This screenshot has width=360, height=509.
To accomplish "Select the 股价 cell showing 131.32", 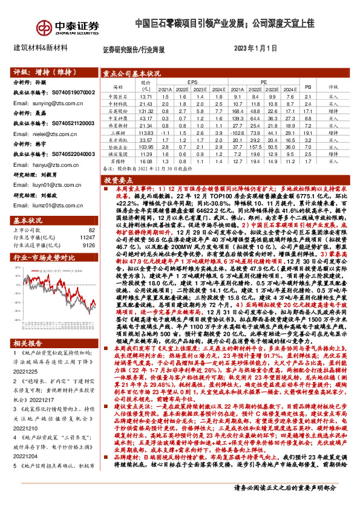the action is coord(145,111).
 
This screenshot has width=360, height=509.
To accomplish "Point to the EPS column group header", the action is coord(193,80).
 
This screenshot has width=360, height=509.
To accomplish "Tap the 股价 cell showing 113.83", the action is coord(145,133).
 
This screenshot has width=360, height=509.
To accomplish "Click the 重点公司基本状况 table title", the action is coord(133,73).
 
